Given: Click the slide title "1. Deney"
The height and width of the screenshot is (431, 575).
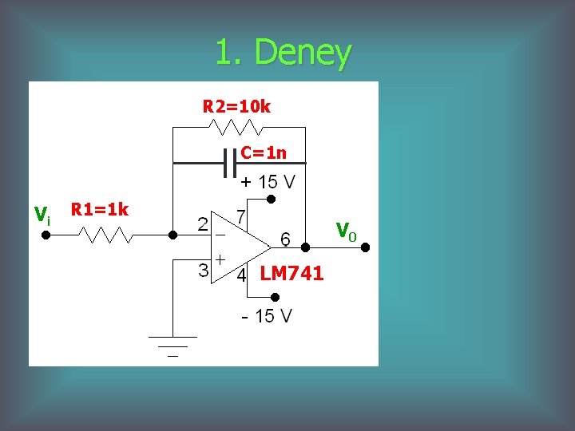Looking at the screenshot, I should (283, 53).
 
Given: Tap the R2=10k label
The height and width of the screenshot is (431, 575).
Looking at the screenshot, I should (236, 106).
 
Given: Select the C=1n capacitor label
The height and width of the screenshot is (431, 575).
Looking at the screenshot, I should (264, 152).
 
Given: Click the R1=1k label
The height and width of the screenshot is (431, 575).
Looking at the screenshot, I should (100, 210).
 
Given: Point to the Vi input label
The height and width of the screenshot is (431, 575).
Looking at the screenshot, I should (42, 214).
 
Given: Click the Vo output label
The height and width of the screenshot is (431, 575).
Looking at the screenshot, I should (346, 231).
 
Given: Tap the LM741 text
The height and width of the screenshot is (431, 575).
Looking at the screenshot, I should (291, 274).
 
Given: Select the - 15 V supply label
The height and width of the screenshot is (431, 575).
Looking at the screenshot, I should (267, 316).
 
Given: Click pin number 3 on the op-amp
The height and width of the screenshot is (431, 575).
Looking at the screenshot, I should (204, 270).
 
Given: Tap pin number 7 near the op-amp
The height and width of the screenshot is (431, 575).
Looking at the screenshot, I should (240, 216).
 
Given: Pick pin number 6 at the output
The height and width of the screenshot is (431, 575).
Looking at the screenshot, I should (284, 239).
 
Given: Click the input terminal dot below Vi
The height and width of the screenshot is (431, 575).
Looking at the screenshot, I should (46, 236).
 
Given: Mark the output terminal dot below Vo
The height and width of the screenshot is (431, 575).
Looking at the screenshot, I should (365, 248).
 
